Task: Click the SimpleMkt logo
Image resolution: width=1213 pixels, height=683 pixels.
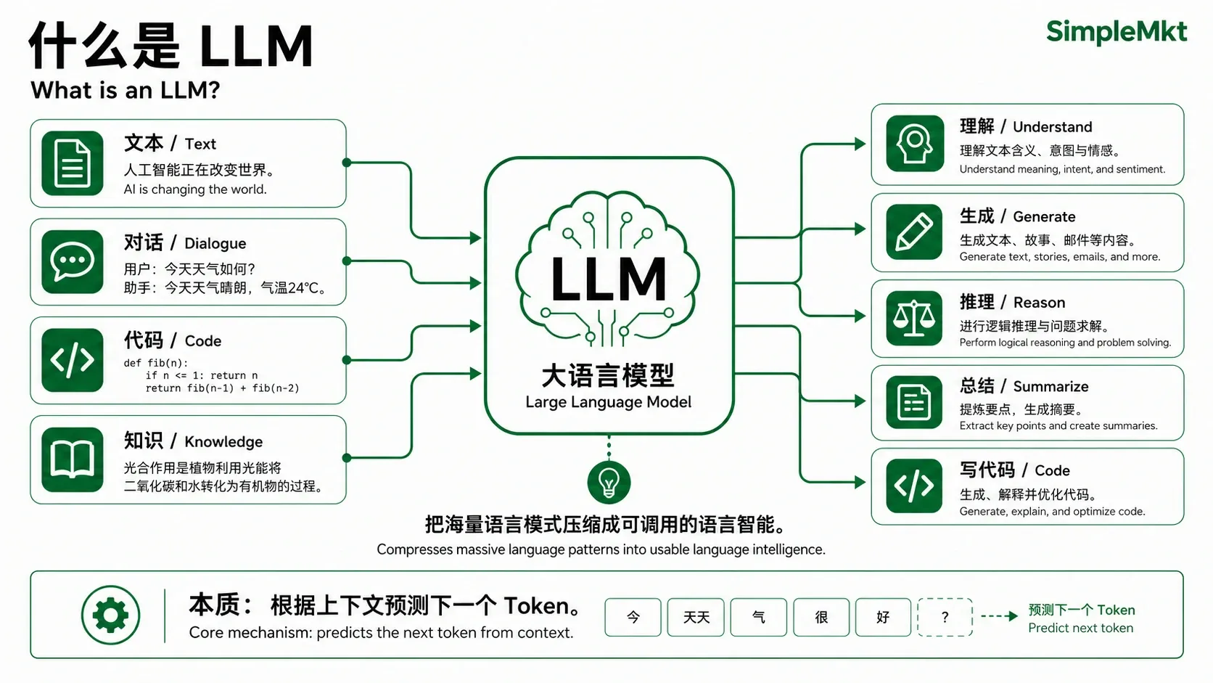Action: [x=1117, y=32]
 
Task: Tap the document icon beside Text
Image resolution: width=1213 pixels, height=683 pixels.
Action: [x=72, y=163]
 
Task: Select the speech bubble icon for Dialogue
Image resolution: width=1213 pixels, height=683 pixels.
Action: [x=72, y=261]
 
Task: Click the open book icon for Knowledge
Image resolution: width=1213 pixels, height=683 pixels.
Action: [x=72, y=459]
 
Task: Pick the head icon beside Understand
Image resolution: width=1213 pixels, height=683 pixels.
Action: [x=915, y=144]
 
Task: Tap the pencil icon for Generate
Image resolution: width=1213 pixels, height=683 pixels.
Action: [x=915, y=232]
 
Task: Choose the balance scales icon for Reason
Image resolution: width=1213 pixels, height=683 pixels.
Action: [x=915, y=318]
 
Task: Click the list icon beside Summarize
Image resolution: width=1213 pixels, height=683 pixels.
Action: [x=915, y=402]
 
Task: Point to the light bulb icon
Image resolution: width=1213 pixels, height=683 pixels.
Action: [x=609, y=482]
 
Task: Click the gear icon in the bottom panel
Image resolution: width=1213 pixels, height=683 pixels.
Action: [x=110, y=615]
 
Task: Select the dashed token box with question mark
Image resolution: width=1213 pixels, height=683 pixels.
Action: [x=945, y=617]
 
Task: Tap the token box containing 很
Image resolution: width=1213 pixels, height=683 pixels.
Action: [x=821, y=617]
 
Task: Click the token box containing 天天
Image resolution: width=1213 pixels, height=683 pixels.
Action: [x=696, y=617]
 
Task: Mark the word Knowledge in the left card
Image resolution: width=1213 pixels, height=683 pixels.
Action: [x=223, y=442]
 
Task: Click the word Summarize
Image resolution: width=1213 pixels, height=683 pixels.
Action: [x=1050, y=386]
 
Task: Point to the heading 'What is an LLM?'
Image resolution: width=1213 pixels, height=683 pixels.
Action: [x=125, y=90]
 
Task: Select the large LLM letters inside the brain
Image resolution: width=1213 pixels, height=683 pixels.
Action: [x=608, y=279]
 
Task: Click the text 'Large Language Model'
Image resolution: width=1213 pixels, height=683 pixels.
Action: [x=608, y=402]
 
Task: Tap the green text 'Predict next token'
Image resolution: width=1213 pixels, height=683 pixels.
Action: [x=1080, y=629]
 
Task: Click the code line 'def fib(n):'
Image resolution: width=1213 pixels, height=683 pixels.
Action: [x=156, y=363]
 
